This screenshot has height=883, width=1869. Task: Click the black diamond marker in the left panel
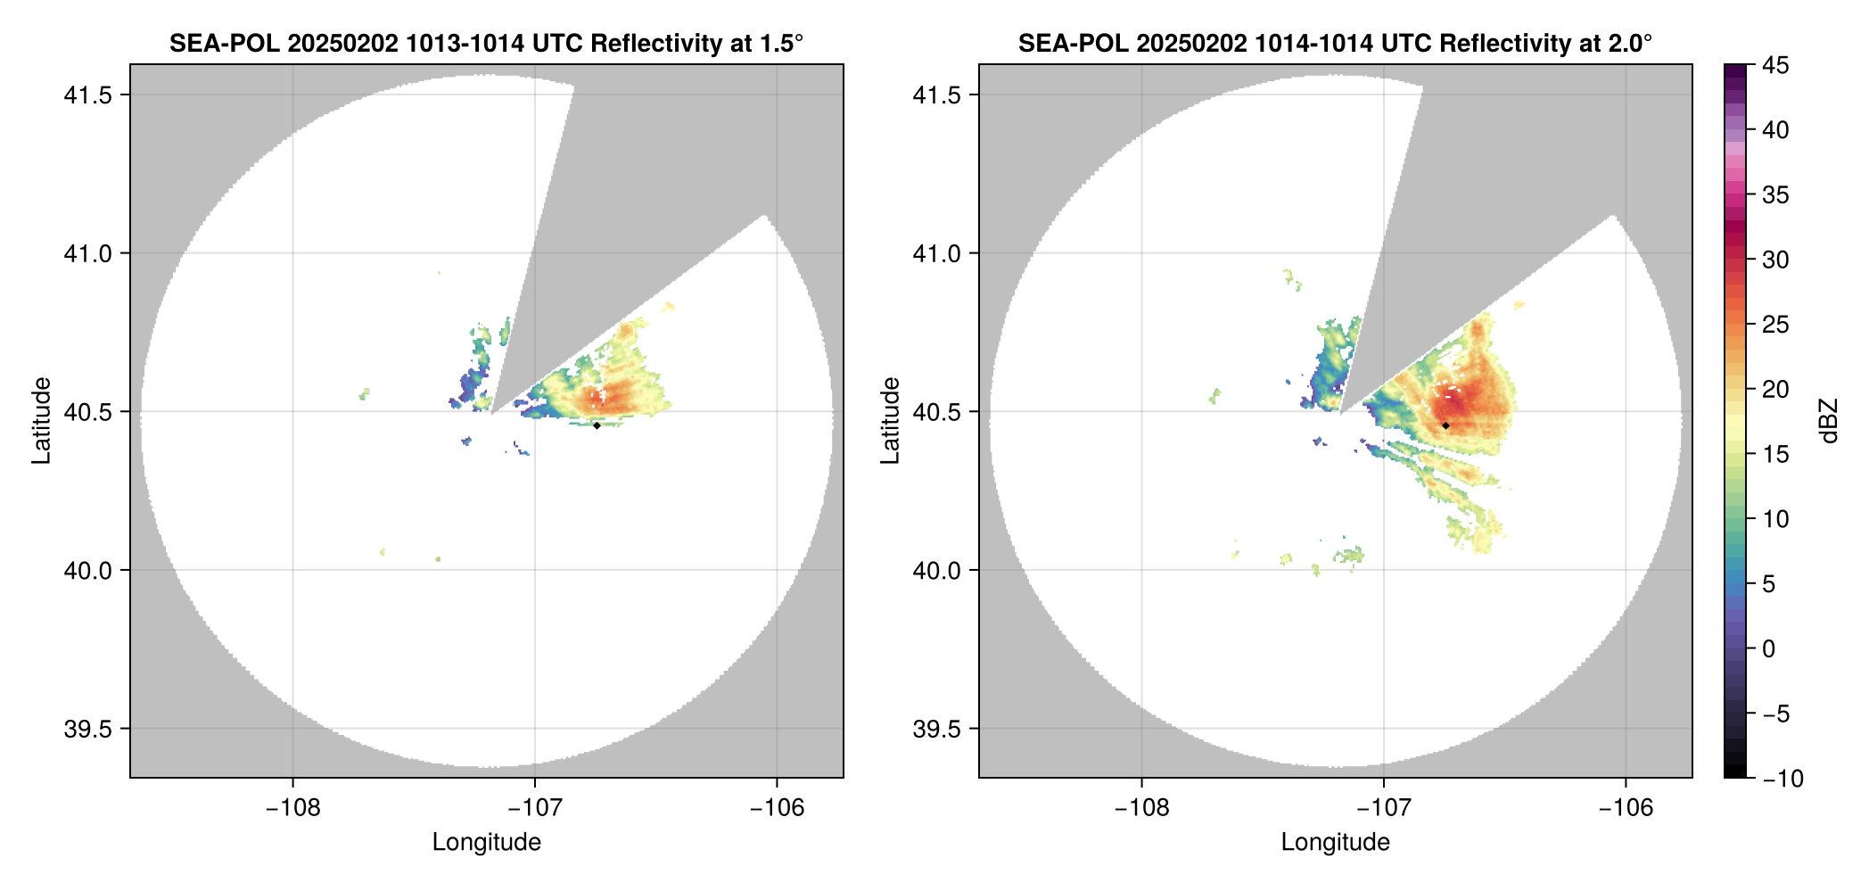597,425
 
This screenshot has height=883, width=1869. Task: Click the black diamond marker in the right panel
1445,425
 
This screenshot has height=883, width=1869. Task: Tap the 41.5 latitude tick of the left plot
86,95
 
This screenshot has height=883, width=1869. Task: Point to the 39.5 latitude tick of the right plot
935,729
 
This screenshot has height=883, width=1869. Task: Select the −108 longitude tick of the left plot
292,807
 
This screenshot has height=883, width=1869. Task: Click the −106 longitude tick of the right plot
1626,807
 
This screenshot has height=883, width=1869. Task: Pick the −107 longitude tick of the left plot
534,807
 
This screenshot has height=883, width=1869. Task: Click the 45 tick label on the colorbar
1775,65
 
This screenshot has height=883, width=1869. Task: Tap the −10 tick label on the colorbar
1783,779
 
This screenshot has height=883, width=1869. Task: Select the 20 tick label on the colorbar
1775,390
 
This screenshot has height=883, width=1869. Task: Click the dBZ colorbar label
1830,421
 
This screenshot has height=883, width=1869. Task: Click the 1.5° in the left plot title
781,44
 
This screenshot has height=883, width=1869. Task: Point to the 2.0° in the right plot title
1630,44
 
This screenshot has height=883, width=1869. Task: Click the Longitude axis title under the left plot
487,842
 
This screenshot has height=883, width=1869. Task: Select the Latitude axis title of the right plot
891,421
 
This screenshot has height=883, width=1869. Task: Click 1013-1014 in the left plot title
464,44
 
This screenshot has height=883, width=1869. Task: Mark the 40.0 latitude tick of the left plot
86,570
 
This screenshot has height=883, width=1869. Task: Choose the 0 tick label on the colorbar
1769,649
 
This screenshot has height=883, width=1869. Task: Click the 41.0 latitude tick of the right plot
935,253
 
